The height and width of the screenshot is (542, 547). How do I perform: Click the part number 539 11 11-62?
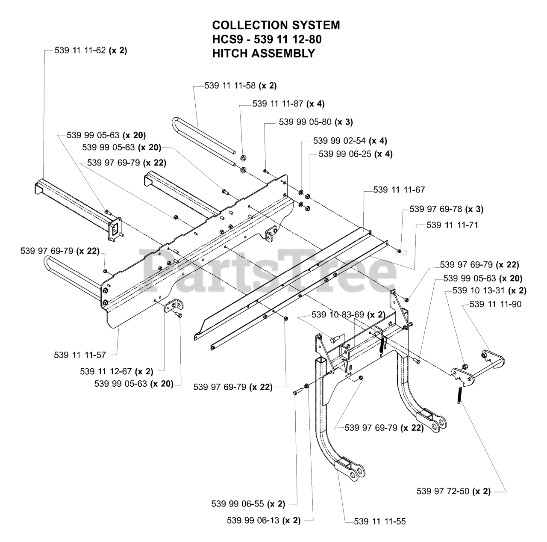point(91,50)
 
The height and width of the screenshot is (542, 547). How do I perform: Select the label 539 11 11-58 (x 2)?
point(241,86)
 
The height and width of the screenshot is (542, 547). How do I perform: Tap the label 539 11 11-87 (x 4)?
point(288,104)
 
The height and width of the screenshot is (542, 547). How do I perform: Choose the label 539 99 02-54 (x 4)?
point(350,141)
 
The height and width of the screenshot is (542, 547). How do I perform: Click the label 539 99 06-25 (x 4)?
point(355,154)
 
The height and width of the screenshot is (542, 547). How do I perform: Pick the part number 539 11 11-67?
point(399,190)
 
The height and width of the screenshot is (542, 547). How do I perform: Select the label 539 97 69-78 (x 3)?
point(446,209)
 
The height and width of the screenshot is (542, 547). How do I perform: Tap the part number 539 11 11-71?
point(452,225)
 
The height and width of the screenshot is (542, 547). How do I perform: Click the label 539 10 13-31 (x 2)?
point(489,291)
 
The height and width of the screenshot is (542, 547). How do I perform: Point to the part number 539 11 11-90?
point(495,304)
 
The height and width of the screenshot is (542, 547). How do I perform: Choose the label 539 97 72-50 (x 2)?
point(453,492)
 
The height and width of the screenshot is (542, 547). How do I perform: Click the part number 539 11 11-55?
point(380,521)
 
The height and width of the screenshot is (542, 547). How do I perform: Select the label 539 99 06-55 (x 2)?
point(248,504)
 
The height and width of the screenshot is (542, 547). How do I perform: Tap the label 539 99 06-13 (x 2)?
point(264,521)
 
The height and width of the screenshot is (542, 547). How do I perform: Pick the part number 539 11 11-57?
point(80,355)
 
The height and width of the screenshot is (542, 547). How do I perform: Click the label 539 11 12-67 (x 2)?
point(116,371)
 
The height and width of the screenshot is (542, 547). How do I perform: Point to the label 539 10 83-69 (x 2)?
point(348,315)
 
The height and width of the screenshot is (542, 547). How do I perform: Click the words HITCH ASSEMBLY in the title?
point(264,53)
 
